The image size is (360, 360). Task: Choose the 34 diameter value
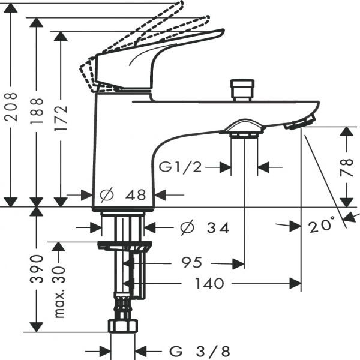click(x=217, y=228)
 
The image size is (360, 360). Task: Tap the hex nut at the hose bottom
click(x=124, y=325)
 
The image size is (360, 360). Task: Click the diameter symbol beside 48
click(x=107, y=195)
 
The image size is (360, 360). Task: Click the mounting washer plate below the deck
click(x=125, y=245)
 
